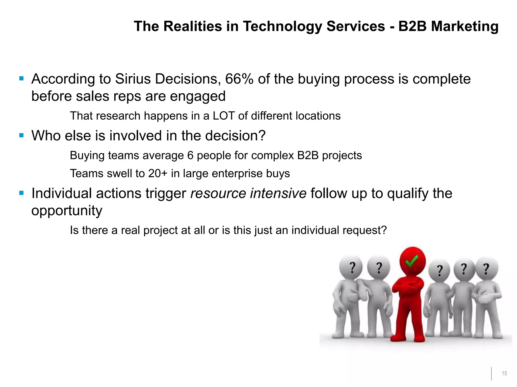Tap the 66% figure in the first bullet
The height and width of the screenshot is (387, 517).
click(239, 79)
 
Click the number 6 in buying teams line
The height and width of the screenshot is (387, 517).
click(190, 155)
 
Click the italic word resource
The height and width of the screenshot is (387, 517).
click(218, 193)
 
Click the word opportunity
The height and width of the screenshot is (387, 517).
click(67, 211)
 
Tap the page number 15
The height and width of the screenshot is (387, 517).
click(504, 373)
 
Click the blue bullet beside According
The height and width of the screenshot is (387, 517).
click(21, 79)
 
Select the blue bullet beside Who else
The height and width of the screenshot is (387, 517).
click(21, 136)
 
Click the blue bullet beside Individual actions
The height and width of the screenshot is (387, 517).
click(21, 193)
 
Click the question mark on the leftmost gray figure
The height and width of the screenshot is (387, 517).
click(352, 268)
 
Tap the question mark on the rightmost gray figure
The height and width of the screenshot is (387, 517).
click(486, 269)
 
